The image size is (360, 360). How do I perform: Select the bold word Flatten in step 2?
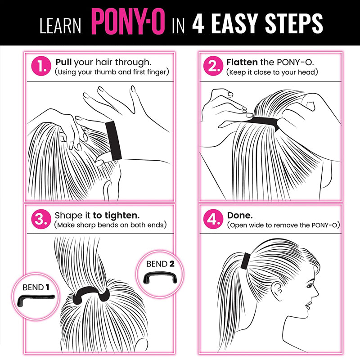242,62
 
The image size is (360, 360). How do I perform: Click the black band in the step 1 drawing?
113,140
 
